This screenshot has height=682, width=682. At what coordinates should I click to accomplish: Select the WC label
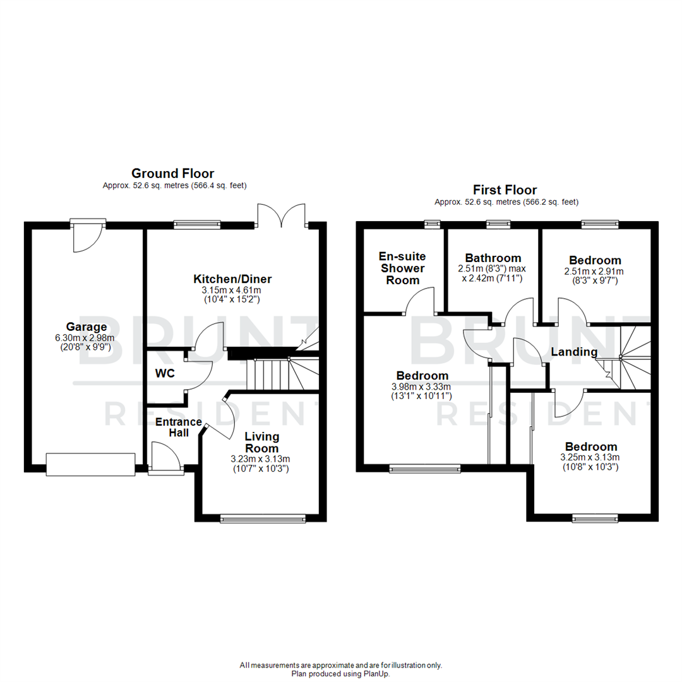[165, 373]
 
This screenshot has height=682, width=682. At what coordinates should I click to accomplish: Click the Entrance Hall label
[179, 428]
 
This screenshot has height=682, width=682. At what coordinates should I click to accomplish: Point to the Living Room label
[262, 442]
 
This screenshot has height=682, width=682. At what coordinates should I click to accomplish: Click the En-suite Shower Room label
[402, 268]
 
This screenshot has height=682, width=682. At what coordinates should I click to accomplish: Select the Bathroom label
[493, 258]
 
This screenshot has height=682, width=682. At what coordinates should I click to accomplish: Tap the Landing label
[573, 352]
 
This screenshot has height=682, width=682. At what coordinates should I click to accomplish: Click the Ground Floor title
[172, 173]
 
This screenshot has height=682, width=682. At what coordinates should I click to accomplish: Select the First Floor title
[505, 189]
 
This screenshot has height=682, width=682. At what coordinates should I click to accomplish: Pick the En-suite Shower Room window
[433, 223]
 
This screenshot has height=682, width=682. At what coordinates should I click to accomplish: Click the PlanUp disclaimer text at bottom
[341, 669]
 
